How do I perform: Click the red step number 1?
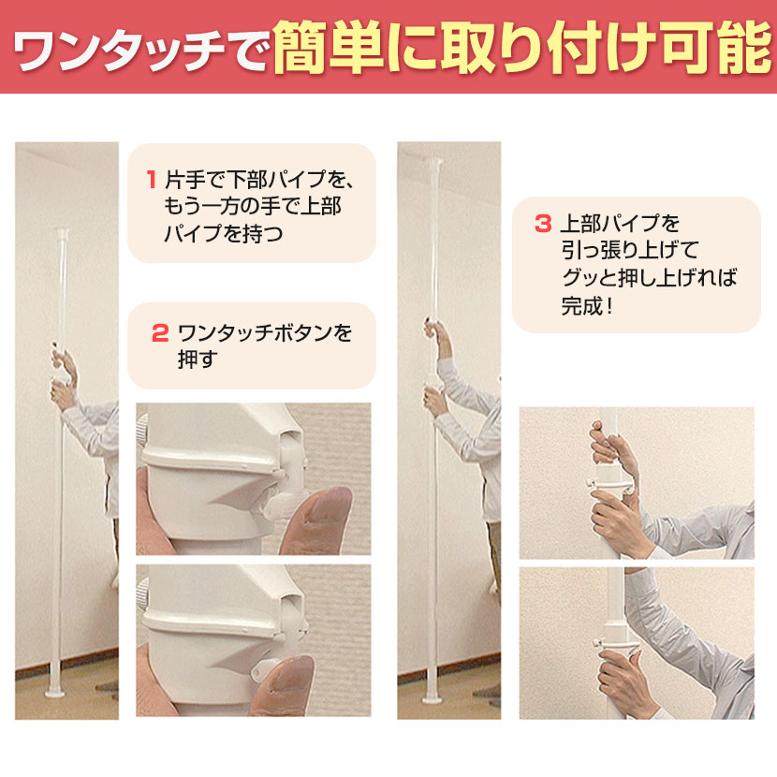(x=152, y=179)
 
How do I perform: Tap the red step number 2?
(x=160, y=333)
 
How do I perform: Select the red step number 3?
(x=543, y=224)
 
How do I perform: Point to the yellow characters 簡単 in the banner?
(x=329, y=47)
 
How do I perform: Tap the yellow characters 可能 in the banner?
(x=718, y=47)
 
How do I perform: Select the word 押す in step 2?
(x=198, y=359)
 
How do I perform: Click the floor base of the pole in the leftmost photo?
(x=54, y=692)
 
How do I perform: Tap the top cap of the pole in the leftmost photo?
(x=62, y=232)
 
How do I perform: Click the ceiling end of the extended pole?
(x=434, y=162)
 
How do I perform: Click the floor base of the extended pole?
(x=432, y=698)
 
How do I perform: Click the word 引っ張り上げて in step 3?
(x=630, y=250)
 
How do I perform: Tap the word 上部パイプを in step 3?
(x=621, y=224)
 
